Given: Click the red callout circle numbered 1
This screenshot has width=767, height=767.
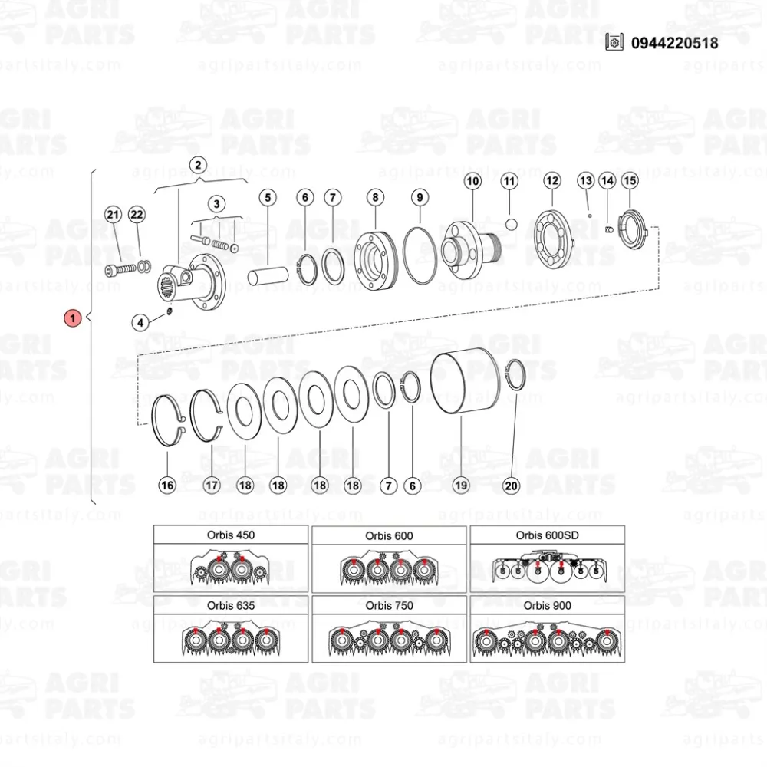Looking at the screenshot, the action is [x=72, y=318].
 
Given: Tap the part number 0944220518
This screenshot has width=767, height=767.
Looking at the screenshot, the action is [x=674, y=43].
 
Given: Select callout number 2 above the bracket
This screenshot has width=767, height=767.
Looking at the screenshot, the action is [x=198, y=165].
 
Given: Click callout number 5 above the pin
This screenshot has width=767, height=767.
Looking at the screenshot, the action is [x=268, y=198].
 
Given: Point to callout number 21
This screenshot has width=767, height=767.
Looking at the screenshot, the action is [x=113, y=214].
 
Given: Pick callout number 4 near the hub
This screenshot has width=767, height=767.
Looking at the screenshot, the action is [x=140, y=322].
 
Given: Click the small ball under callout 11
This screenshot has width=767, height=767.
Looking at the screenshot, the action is [x=511, y=225].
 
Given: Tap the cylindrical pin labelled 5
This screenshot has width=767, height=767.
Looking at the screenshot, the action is [x=268, y=275].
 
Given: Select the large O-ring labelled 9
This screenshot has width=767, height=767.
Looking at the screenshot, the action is [x=420, y=255].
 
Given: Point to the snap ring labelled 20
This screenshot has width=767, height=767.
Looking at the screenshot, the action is [x=514, y=375].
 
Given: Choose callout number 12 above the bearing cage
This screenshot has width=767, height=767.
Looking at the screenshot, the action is [x=552, y=181].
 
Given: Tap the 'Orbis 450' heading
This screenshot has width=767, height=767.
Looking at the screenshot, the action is [x=231, y=535].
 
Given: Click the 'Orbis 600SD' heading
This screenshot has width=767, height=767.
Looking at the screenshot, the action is [x=548, y=535].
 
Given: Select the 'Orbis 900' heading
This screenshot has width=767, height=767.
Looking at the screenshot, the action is [x=548, y=606].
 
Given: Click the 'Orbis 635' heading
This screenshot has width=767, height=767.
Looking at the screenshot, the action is [x=231, y=606].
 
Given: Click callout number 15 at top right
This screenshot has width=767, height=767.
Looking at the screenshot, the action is [x=630, y=180].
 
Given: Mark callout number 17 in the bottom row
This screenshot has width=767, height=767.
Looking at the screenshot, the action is [x=212, y=486].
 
